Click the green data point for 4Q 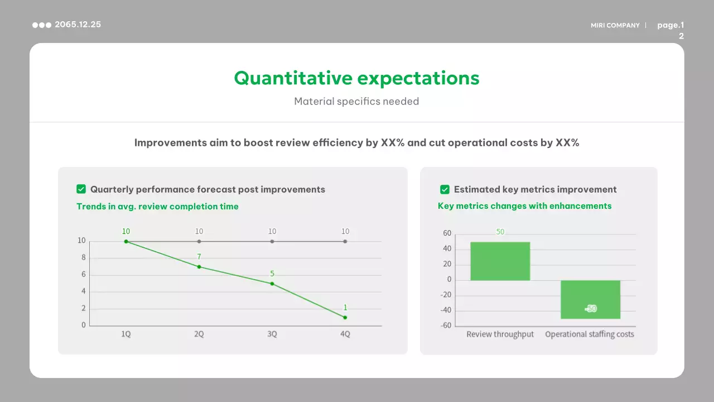(x=345, y=318)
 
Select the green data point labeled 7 (x=199, y=267)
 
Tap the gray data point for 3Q (x=272, y=242)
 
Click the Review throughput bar (x=500, y=261)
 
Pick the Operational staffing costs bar (x=590, y=300)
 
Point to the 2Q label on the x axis (x=199, y=334)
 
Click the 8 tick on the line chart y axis (x=84, y=257)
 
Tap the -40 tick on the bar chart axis (x=446, y=310)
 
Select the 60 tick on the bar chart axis (x=447, y=233)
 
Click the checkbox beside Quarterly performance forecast (x=81, y=189)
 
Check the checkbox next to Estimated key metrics (x=445, y=189)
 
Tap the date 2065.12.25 (x=78, y=25)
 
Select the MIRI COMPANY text (x=615, y=25)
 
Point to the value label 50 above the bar (x=500, y=232)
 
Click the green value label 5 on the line (x=272, y=274)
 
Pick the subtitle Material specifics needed (x=356, y=102)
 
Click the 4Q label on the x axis (x=345, y=334)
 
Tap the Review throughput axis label (x=500, y=334)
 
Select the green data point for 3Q (x=272, y=284)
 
